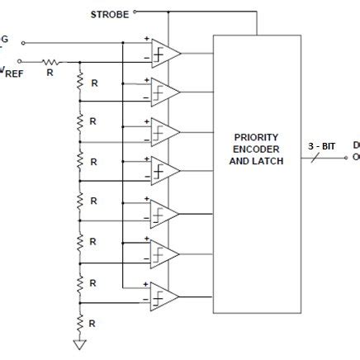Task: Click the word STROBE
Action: pyautogui.click(x=109, y=13)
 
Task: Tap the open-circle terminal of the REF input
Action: pyautogui.click(x=22, y=60)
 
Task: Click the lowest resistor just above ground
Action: pyautogui.click(x=80, y=320)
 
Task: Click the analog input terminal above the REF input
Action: pyautogui.click(x=22, y=41)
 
